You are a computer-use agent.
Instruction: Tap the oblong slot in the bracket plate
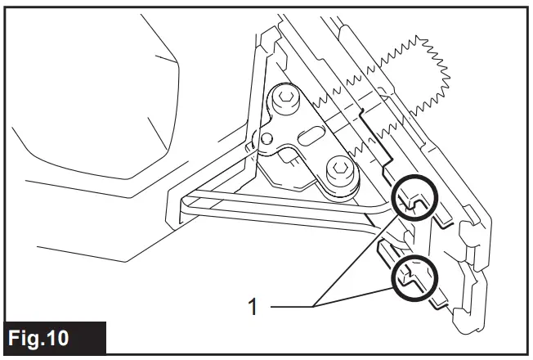click(x=312, y=135)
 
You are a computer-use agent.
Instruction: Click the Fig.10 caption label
click(x=54, y=336)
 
